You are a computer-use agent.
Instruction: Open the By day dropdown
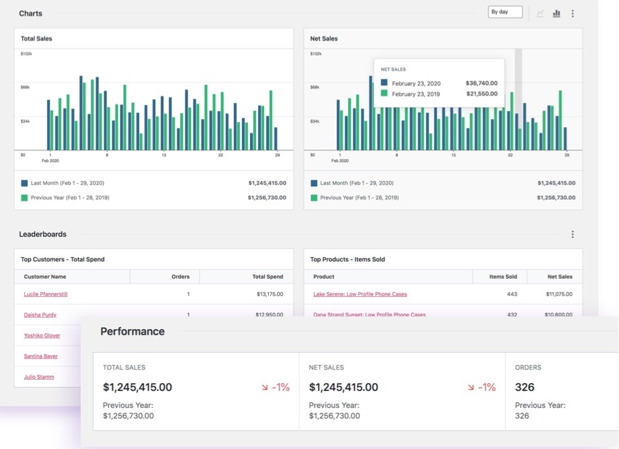pos(505,12)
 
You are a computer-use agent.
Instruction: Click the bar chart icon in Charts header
pos(556,13)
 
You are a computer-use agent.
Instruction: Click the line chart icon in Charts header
pos(540,13)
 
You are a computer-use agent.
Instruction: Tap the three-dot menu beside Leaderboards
pos(573,234)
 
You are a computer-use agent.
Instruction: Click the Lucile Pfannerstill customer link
pos(46,294)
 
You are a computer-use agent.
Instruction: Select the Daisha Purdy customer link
pos(40,315)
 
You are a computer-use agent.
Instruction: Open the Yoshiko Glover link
pos(42,335)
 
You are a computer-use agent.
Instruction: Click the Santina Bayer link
pos(41,356)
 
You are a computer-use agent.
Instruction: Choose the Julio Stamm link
pos(39,377)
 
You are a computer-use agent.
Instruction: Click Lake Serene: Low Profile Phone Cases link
pos(360,294)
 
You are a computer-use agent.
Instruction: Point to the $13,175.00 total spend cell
pos(270,294)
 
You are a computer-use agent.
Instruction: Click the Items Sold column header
pos(503,277)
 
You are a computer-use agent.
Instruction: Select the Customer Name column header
pos(45,277)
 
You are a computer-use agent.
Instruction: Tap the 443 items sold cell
pos(512,294)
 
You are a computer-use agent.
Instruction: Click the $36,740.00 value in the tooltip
pos(481,83)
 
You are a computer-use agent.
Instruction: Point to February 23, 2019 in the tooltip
pos(416,94)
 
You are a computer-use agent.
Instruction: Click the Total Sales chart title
pos(36,38)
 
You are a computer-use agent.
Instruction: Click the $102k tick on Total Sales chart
pos(27,54)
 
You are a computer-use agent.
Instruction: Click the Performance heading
pos(132,331)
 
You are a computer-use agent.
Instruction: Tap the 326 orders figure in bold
pos(525,387)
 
